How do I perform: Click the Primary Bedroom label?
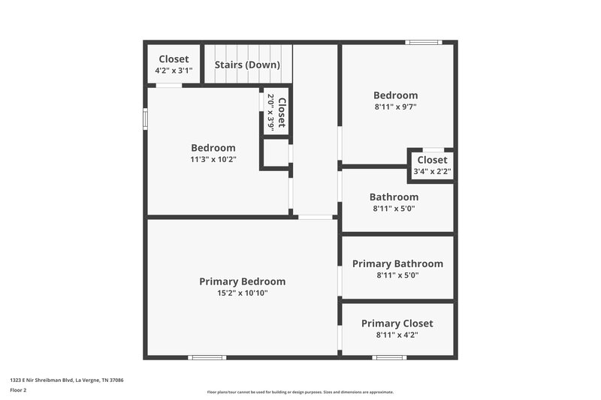click(242, 281)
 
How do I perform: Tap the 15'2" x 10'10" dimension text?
click(242, 293)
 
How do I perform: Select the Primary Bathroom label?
click(397, 263)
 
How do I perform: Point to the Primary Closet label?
click(397, 323)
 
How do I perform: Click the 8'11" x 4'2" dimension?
click(397, 335)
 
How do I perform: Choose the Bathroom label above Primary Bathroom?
click(394, 197)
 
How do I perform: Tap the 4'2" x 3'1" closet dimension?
click(174, 71)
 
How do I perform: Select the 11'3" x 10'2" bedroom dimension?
click(213, 159)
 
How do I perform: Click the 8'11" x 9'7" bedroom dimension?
click(395, 107)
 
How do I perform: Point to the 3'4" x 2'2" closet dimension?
click(432, 172)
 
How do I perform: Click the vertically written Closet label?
click(282, 112)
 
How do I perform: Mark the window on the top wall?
click(424, 42)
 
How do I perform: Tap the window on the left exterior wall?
click(145, 119)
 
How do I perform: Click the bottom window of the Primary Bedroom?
click(208, 357)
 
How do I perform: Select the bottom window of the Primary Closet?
click(388, 357)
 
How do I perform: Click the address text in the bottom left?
click(66, 380)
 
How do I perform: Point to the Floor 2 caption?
click(18, 390)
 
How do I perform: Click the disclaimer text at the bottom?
click(300, 392)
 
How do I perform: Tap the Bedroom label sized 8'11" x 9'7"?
click(395, 95)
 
